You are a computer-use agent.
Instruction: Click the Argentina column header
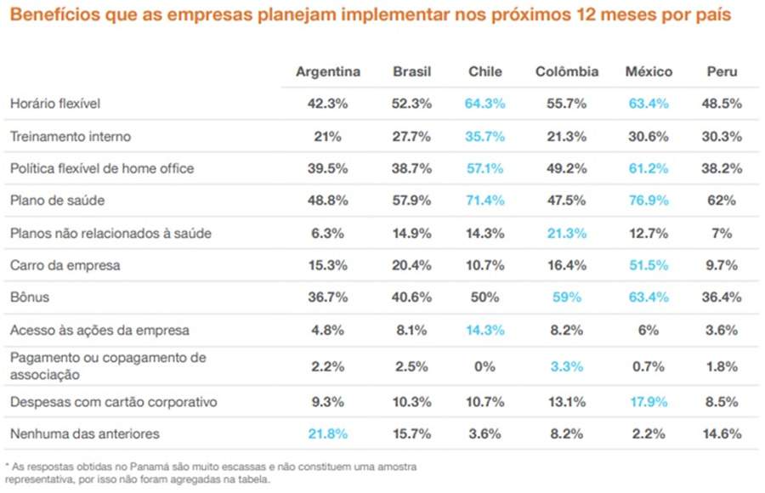[327, 71]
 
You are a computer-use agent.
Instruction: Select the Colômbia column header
[566, 71]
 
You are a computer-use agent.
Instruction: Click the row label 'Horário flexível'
[55, 104]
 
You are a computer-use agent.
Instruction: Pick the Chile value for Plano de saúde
[484, 201]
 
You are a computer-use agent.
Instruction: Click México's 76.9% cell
[649, 201]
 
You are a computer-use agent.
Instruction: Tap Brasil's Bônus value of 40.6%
[411, 297]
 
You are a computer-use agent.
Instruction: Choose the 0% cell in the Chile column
[484, 366]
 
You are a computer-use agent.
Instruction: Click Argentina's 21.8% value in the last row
[327, 434]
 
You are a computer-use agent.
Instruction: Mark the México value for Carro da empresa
[649, 265]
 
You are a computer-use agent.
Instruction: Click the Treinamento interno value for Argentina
[327, 136]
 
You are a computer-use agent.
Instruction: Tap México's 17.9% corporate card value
[649, 402]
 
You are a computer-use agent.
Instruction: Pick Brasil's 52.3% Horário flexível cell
[411, 104]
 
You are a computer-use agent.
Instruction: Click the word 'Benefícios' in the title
[50, 16]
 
